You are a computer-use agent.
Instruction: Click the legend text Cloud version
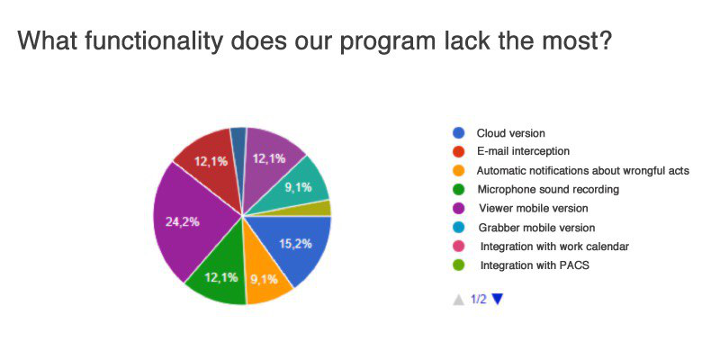click(511, 133)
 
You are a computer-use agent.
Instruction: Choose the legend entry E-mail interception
click(523, 151)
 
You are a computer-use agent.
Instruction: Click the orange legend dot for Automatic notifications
click(458, 171)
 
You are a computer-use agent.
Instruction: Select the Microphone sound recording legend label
click(548, 189)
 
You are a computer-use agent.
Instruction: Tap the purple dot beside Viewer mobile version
click(458, 208)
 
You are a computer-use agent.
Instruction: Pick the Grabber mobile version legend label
click(536, 228)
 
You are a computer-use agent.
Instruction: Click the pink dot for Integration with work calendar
click(458, 247)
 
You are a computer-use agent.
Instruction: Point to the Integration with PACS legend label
click(535, 265)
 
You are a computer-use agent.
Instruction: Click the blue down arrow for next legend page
click(498, 299)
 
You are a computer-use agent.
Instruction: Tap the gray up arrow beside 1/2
click(458, 300)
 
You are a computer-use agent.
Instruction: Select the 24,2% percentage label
click(182, 221)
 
